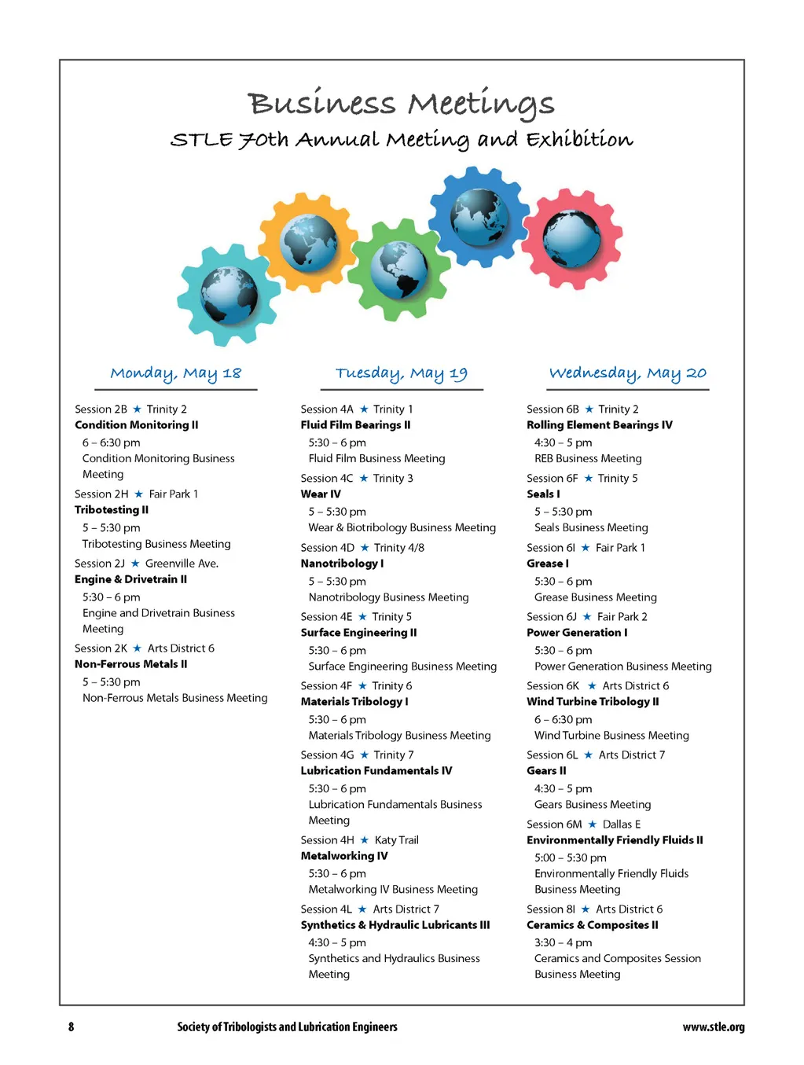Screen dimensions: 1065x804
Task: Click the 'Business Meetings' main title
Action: tap(401, 104)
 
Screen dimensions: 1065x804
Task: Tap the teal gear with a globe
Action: tap(229, 296)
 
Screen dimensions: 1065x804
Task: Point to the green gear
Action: tap(399, 270)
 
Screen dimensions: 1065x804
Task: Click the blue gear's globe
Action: tap(479, 216)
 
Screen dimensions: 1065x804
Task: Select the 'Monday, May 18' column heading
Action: tap(176, 373)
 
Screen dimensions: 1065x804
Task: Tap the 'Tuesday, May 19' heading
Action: tap(402, 373)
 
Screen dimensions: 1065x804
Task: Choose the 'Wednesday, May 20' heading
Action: tap(628, 373)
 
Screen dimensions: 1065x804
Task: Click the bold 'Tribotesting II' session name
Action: tap(112, 510)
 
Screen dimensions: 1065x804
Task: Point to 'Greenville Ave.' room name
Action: tap(182, 564)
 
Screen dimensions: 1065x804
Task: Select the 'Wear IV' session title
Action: tap(321, 494)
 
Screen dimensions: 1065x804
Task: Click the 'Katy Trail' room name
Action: tap(396, 840)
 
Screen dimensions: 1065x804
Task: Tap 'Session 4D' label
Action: tap(327, 548)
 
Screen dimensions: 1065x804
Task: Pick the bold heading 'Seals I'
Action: tap(543, 494)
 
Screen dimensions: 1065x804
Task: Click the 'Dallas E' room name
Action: tap(622, 824)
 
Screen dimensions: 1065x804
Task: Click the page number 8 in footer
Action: tap(72, 1026)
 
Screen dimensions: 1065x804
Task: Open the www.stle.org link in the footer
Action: tap(713, 1026)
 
